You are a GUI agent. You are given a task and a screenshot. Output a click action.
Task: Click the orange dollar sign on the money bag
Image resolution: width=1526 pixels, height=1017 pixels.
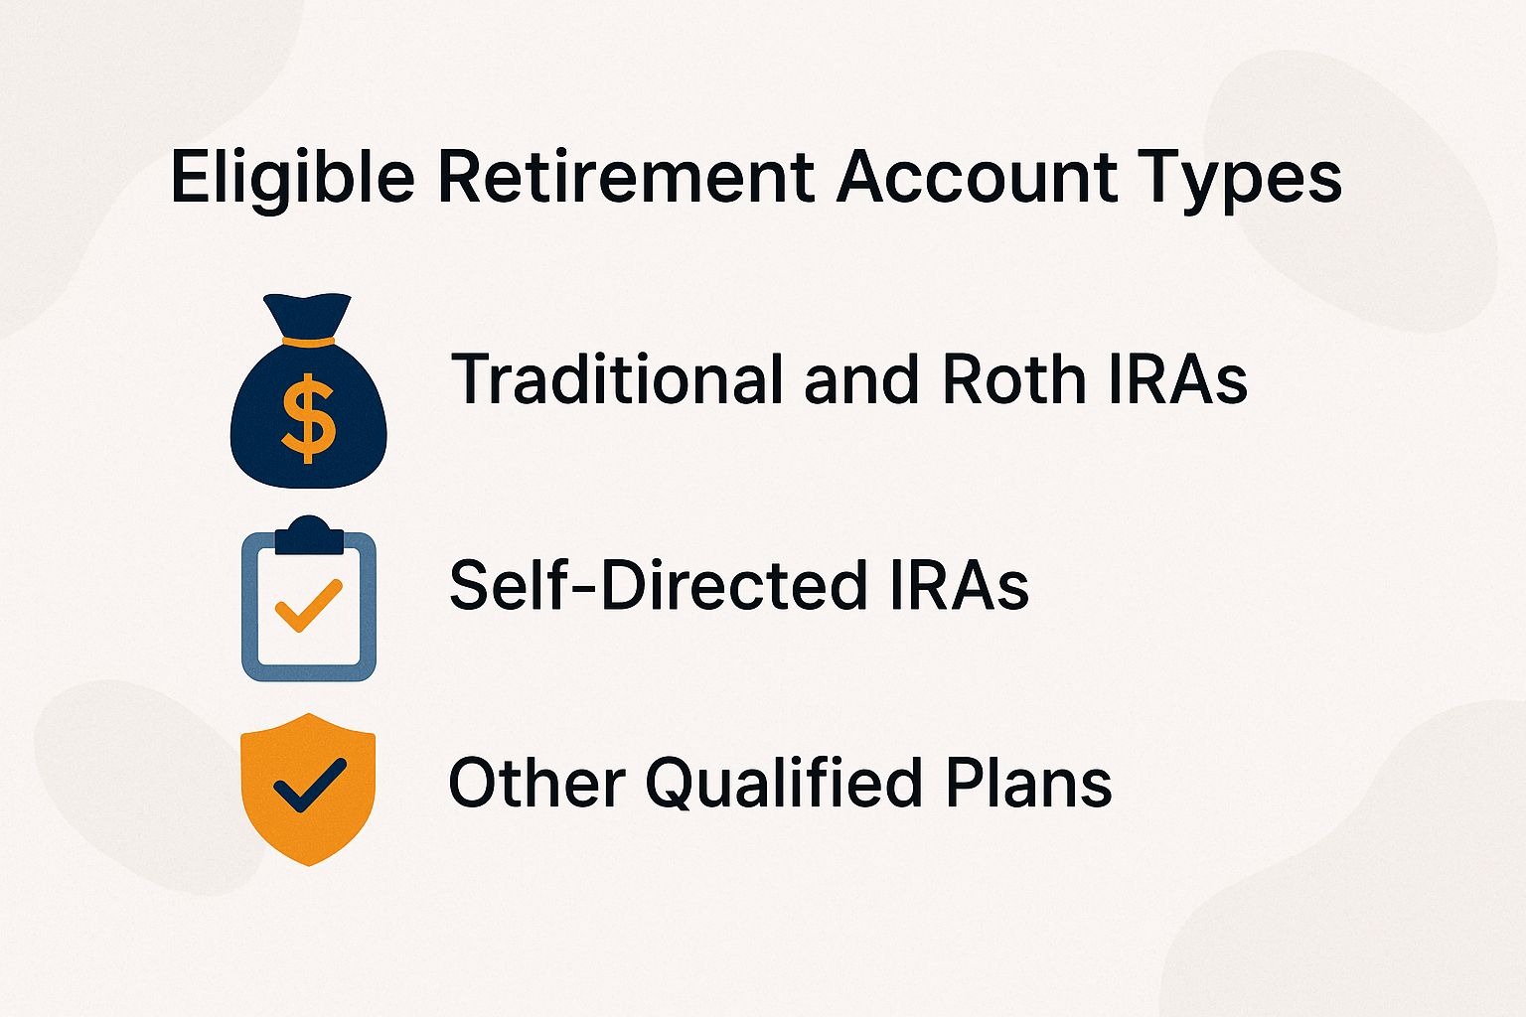click(308, 417)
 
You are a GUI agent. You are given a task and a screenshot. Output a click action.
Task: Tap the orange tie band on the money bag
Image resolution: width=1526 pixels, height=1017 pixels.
click(308, 342)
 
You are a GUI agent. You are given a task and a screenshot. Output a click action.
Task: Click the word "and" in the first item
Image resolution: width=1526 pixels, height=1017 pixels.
click(860, 379)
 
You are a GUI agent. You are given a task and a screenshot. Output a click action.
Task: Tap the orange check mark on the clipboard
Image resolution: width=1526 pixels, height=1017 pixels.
click(308, 604)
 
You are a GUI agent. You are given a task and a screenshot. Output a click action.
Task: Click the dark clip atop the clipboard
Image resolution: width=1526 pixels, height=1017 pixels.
click(308, 536)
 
